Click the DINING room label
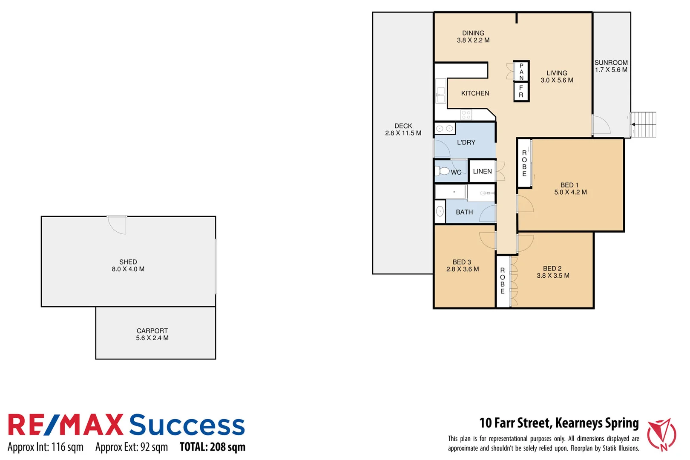pyautogui.click(x=473, y=33)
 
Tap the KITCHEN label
pyautogui.click(x=475, y=93)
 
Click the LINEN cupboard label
pyautogui.click(x=482, y=171)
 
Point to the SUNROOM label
pyautogui.click(x=611, y=63)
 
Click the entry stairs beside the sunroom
pyautogui.click(x=644, y=124)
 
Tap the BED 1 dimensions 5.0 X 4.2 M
pyautogui.click(x=570, y=193)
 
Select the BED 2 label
pyautogui.click(x=552, y=268)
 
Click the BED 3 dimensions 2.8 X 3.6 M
pyautogui.click(x=463, y=269)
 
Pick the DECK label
pyautogui.click(x=403, y=126)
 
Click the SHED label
pyautogui.click(x=128, y=262)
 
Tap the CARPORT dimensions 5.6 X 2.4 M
pyautogui.click(x=152, y=338)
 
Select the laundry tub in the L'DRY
pyautogui.click(x=445, y=128)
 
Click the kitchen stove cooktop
pyautogui.click(x=466, y=115)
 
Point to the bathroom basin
pyautogui.click(x=440, y=212)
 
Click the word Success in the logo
pyautogui.click(x=187, y=425)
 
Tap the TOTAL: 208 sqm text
pyautogui.click(x=213, y=447)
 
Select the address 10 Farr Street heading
pyautogui.click(x=559, y=423)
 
